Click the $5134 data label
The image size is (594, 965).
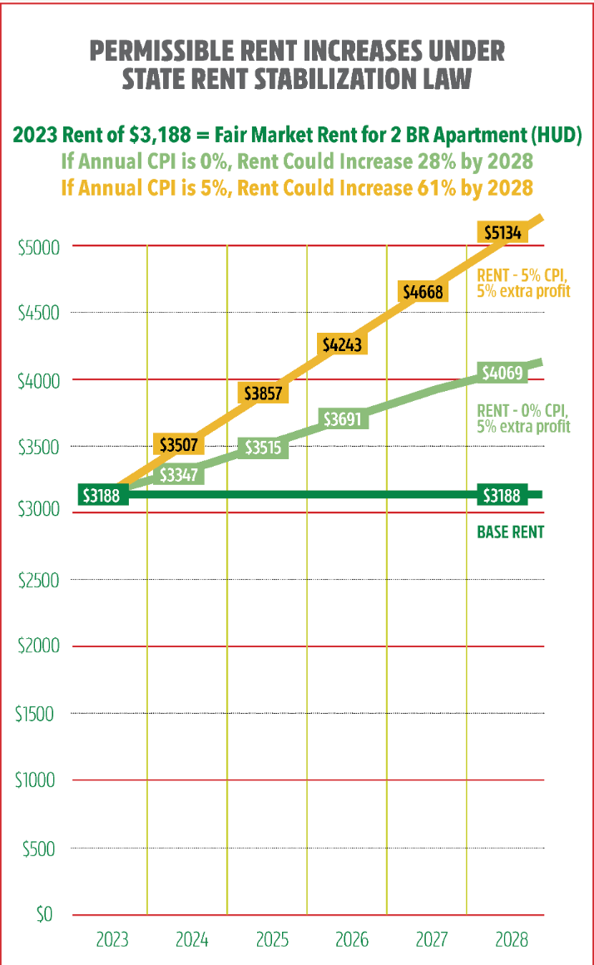coord(502,233)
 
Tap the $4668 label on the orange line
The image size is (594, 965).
coord(423,291)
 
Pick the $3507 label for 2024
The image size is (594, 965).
coord(179,445)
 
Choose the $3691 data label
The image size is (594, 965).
coord(342,418)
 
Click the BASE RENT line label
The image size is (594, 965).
coord(510,532)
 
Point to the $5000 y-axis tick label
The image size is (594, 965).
coord(38,246)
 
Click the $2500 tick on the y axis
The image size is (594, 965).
coord(38,580)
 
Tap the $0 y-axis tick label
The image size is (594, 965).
coord(45,915)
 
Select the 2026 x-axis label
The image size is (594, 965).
coord(351,940)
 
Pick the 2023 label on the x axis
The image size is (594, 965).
coord(111,940)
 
